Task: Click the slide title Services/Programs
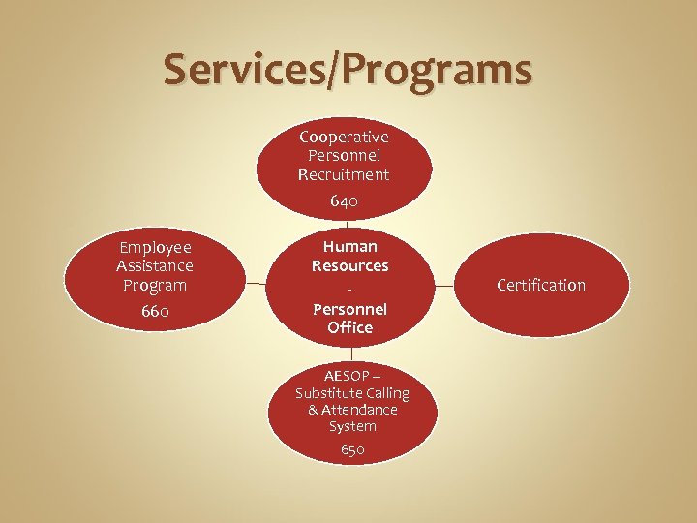point(348,70)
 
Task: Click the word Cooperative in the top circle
point(344,137)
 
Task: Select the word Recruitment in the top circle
point(344,174)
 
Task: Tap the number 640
point(344,201)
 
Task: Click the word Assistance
point(154,266)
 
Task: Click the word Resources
point(349,265)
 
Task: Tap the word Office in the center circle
point(349,327)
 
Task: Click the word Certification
point(541,285)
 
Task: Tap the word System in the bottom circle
point(352,426)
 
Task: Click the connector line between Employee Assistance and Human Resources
point(255,284)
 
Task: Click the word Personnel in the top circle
point(344,155)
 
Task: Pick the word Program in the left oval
point(154,286)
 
